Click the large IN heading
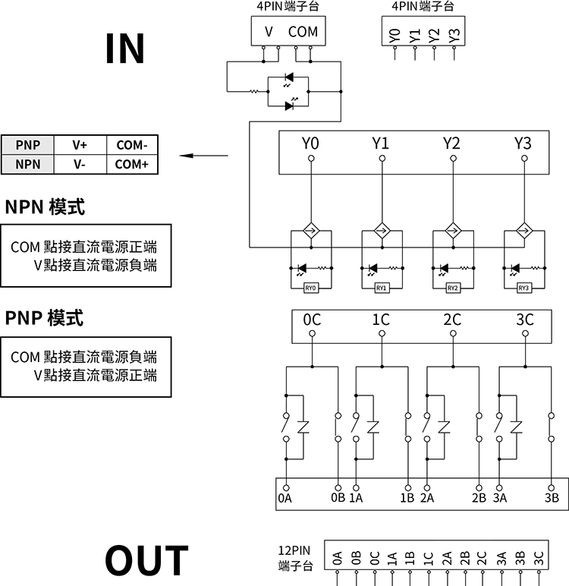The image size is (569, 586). tap(125, 48)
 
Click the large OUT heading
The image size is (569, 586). tap(146, 560)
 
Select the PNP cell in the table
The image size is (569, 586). tap(27, 145)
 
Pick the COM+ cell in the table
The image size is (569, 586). tap(132, 164)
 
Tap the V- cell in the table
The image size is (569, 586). tap(80, 164)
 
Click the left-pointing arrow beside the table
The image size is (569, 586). tap(203, 156)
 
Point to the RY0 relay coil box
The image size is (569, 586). tap(310, 288)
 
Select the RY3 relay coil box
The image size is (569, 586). tap(523, 288)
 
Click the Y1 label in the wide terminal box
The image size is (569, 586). tap(381, 143)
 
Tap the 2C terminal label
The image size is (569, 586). tap(452, 320)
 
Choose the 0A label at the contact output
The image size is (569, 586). tap(285, 498)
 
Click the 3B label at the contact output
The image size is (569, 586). tap(552, 498)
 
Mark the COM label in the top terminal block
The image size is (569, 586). tap(303, 32)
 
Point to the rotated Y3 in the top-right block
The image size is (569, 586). tap(453, 35)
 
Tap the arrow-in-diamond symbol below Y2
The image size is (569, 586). tap(453, 232)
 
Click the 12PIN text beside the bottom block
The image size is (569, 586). tap(294, 551)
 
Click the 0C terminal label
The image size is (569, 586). tap(311, 320)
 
